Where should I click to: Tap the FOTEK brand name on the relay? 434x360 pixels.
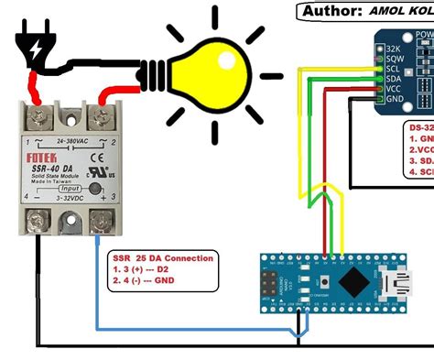(39, 158)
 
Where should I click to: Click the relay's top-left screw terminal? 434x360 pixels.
(38, 115)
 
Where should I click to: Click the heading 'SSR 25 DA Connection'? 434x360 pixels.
(162, 258)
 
